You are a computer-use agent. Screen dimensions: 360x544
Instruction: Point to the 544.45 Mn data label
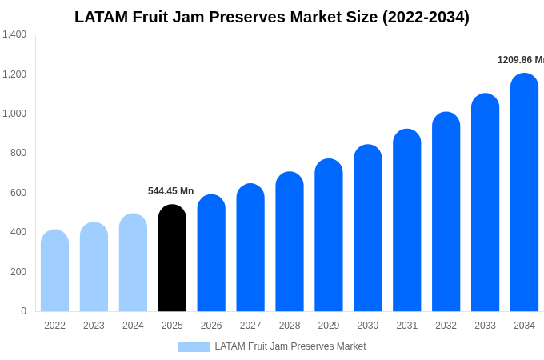(x=170, y=191)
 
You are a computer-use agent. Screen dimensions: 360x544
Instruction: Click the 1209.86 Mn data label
(x=520, y=60)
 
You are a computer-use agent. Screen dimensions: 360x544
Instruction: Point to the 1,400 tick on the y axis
(x=14, y=34)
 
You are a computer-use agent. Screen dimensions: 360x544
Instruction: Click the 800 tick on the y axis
(x=18, y=153)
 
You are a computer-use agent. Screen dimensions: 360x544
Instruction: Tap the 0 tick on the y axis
(x=23, y=311)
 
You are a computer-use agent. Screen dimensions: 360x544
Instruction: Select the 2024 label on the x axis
(x=133, y=326)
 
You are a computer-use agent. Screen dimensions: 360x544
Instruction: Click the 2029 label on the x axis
(x=329, y=326)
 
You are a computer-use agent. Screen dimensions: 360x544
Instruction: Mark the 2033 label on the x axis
(x=485, y=326)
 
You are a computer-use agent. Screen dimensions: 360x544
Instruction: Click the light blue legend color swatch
(x=194, y=347)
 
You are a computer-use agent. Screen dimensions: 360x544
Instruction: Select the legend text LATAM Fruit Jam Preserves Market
(x=290, y=346)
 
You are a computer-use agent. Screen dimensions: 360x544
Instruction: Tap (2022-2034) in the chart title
(x=426, y=17)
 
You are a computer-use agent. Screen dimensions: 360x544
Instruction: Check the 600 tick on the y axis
(x=18, y=193)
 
